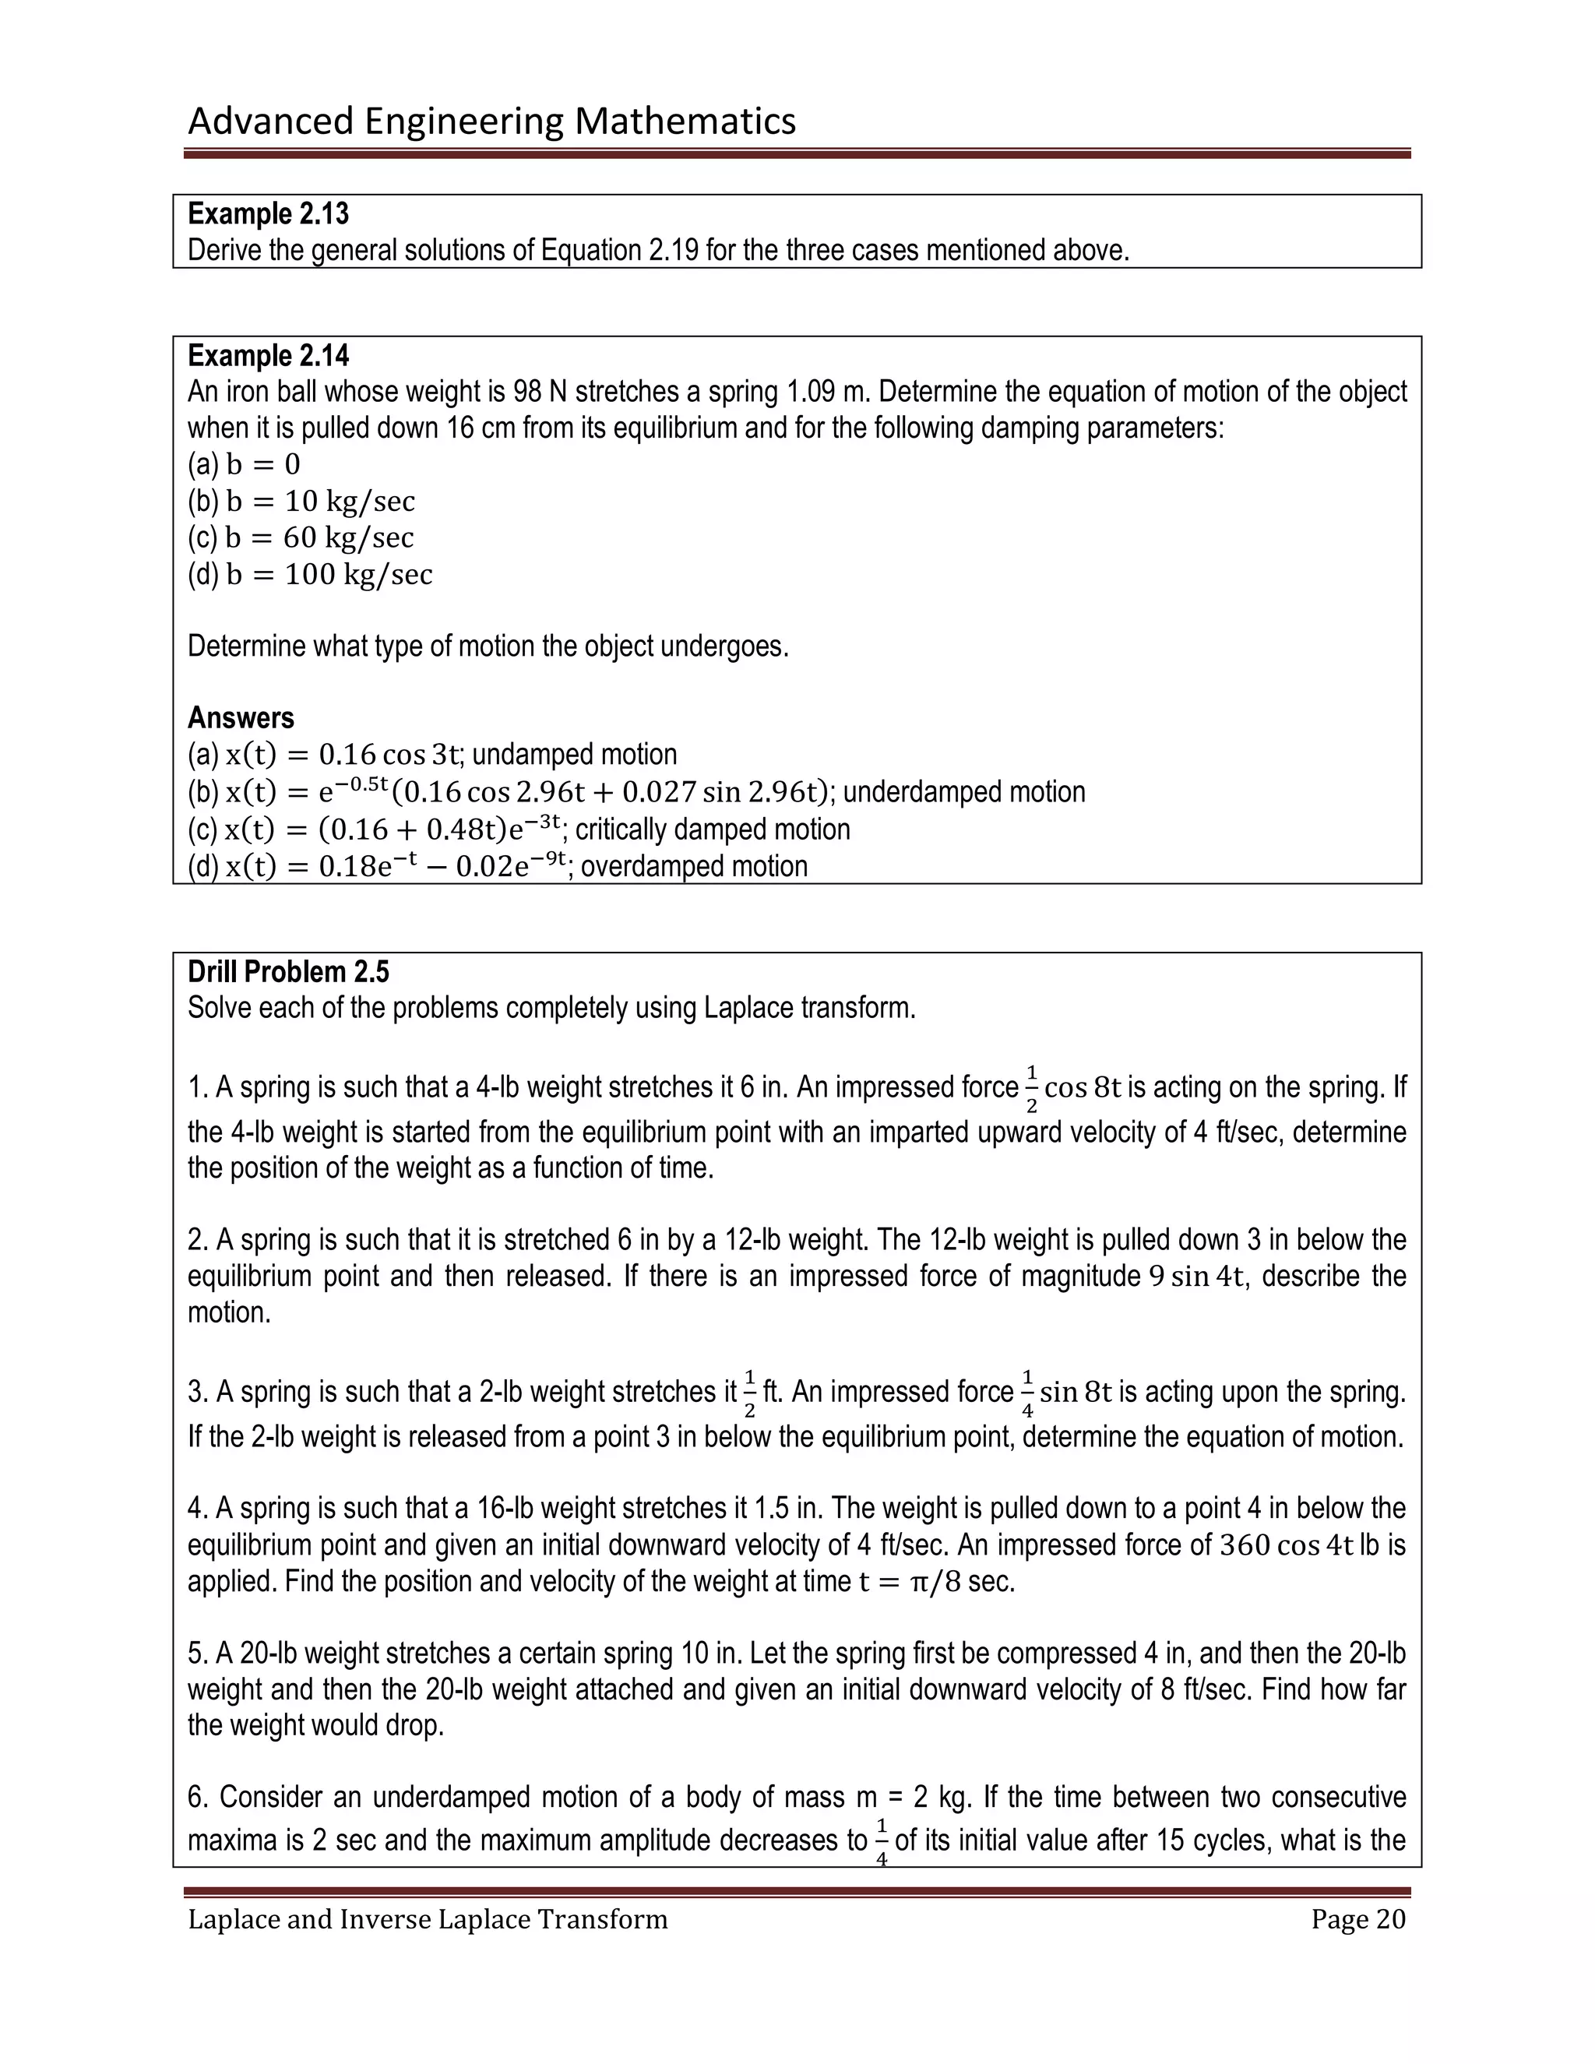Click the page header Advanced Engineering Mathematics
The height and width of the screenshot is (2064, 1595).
click(491, 121)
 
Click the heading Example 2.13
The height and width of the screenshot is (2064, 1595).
click(269, 214)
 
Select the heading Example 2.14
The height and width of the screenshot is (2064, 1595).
click(269, 356)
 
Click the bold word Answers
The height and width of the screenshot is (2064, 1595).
click(241, 718)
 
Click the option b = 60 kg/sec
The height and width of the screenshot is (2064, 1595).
click(319, 537)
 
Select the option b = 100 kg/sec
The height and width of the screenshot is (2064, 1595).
click(329, 575)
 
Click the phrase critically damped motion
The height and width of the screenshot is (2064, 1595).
click(713, 829)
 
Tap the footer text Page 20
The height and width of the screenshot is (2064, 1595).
click(1357, 1919)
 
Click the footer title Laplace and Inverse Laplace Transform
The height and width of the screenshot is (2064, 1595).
click(427, 1919)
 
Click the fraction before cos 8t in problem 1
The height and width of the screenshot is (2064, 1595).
click(1031, 1088)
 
